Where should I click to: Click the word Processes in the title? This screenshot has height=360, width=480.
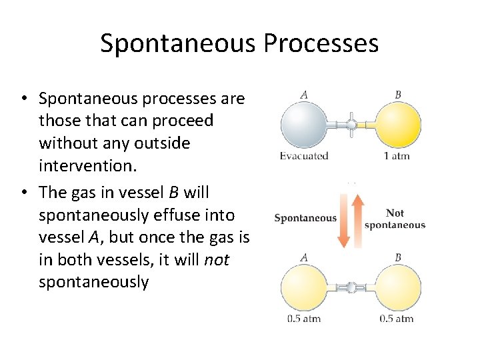click(x=321, y=43)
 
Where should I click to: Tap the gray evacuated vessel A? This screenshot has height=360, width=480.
click(x=304, y=125)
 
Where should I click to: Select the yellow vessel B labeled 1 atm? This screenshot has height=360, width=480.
click(x=398, y=125)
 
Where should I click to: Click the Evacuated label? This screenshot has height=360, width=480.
click(x=304, y=156)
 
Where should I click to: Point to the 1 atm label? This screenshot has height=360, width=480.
click(x=397, y=156)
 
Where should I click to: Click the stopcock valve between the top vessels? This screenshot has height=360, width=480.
click(x=351, y=125)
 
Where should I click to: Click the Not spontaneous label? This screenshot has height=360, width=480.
click(x=395, y=219)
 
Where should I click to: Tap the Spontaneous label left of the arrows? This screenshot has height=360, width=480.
click(x=305, y=218)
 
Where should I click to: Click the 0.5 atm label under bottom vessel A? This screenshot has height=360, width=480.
click(x=304, y=319)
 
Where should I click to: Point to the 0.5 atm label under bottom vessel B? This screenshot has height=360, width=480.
click(x=397, y=319)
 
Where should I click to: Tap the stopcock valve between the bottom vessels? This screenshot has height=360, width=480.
click(x=351, y=287)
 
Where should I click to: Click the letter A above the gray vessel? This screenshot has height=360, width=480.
click(x=304, y=95)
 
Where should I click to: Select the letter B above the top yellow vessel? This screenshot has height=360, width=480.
click(x=398, y=95)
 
